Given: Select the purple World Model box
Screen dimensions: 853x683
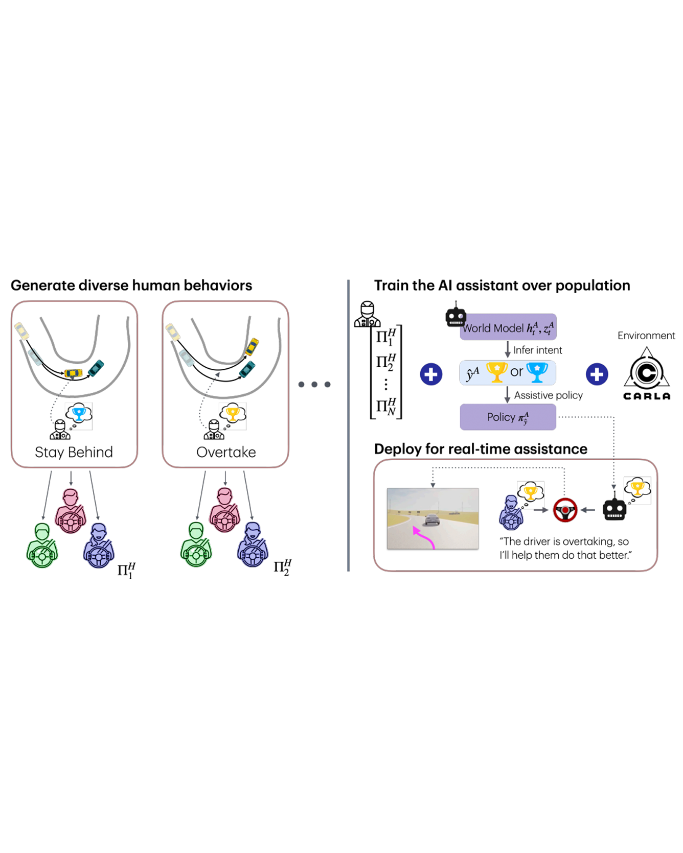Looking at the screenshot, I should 508,327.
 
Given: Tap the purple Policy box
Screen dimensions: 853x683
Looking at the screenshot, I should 508,417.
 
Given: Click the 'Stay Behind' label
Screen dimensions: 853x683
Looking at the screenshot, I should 74,452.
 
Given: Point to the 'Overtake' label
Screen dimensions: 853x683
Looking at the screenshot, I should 226,452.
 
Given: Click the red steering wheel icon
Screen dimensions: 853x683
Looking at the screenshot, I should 565,510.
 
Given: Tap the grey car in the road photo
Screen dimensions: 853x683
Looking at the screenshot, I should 432,519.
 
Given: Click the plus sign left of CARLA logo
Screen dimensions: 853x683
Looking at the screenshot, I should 597,374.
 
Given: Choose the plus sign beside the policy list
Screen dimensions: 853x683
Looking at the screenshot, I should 431,374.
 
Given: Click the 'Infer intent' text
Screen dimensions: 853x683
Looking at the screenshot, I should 537,350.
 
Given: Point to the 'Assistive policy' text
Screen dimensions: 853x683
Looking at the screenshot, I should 548,395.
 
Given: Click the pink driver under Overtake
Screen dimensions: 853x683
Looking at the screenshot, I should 224,510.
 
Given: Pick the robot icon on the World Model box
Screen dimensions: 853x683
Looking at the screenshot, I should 456,317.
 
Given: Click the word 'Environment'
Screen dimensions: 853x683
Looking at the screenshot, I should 646,336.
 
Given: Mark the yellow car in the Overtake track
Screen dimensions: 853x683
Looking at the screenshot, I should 252,346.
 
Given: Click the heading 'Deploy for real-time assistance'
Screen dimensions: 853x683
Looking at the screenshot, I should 481,449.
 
